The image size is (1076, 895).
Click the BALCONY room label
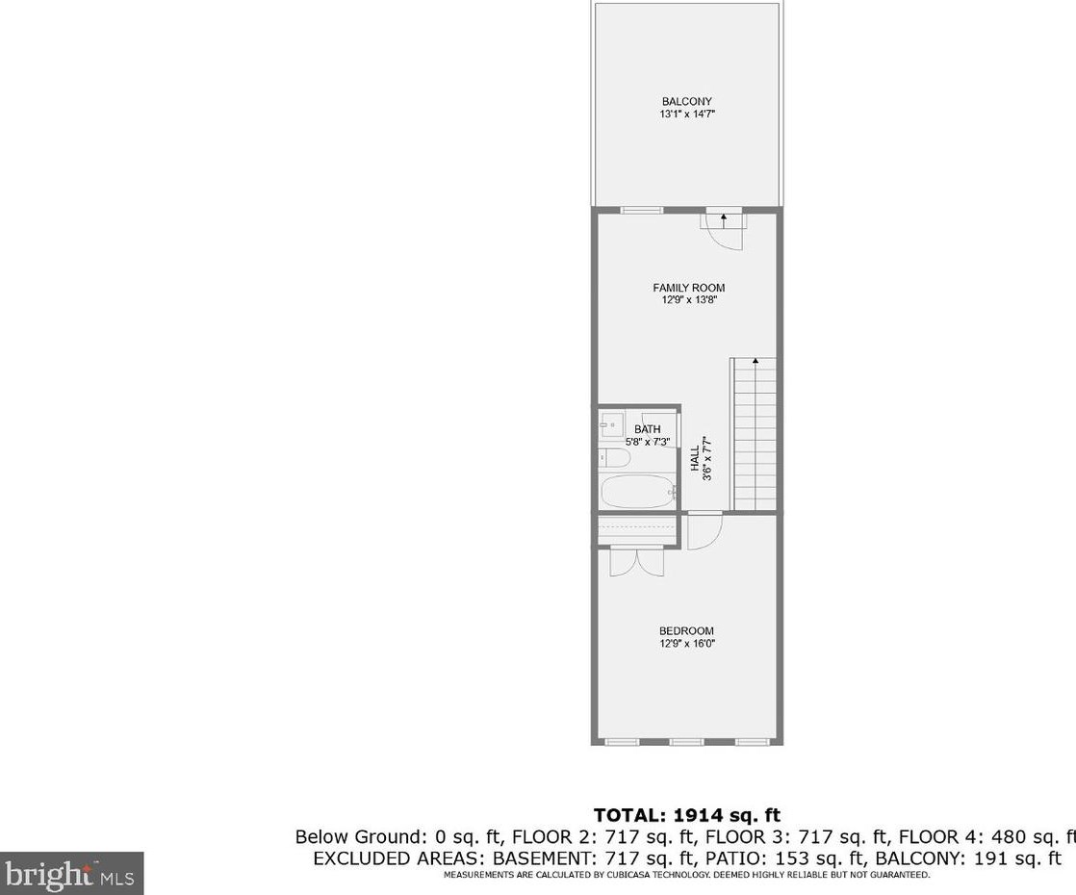[686, 102]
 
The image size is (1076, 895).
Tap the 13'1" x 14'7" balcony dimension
[686, 115]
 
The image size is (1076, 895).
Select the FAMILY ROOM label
[688, 288]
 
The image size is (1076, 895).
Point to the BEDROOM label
[686, 631]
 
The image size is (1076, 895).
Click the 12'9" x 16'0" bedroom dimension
[686, 644]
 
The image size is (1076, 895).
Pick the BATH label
[647, 429]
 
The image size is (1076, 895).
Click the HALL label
[695, 457]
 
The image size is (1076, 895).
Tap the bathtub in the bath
[636, 492]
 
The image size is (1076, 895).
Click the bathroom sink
[610, 424]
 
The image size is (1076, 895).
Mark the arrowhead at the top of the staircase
[756, 362]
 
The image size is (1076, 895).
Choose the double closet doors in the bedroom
[636, 561]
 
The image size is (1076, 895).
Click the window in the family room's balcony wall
[641, 210]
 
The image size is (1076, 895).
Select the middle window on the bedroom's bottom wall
[686, 742]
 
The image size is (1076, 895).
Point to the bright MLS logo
[71, 874]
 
